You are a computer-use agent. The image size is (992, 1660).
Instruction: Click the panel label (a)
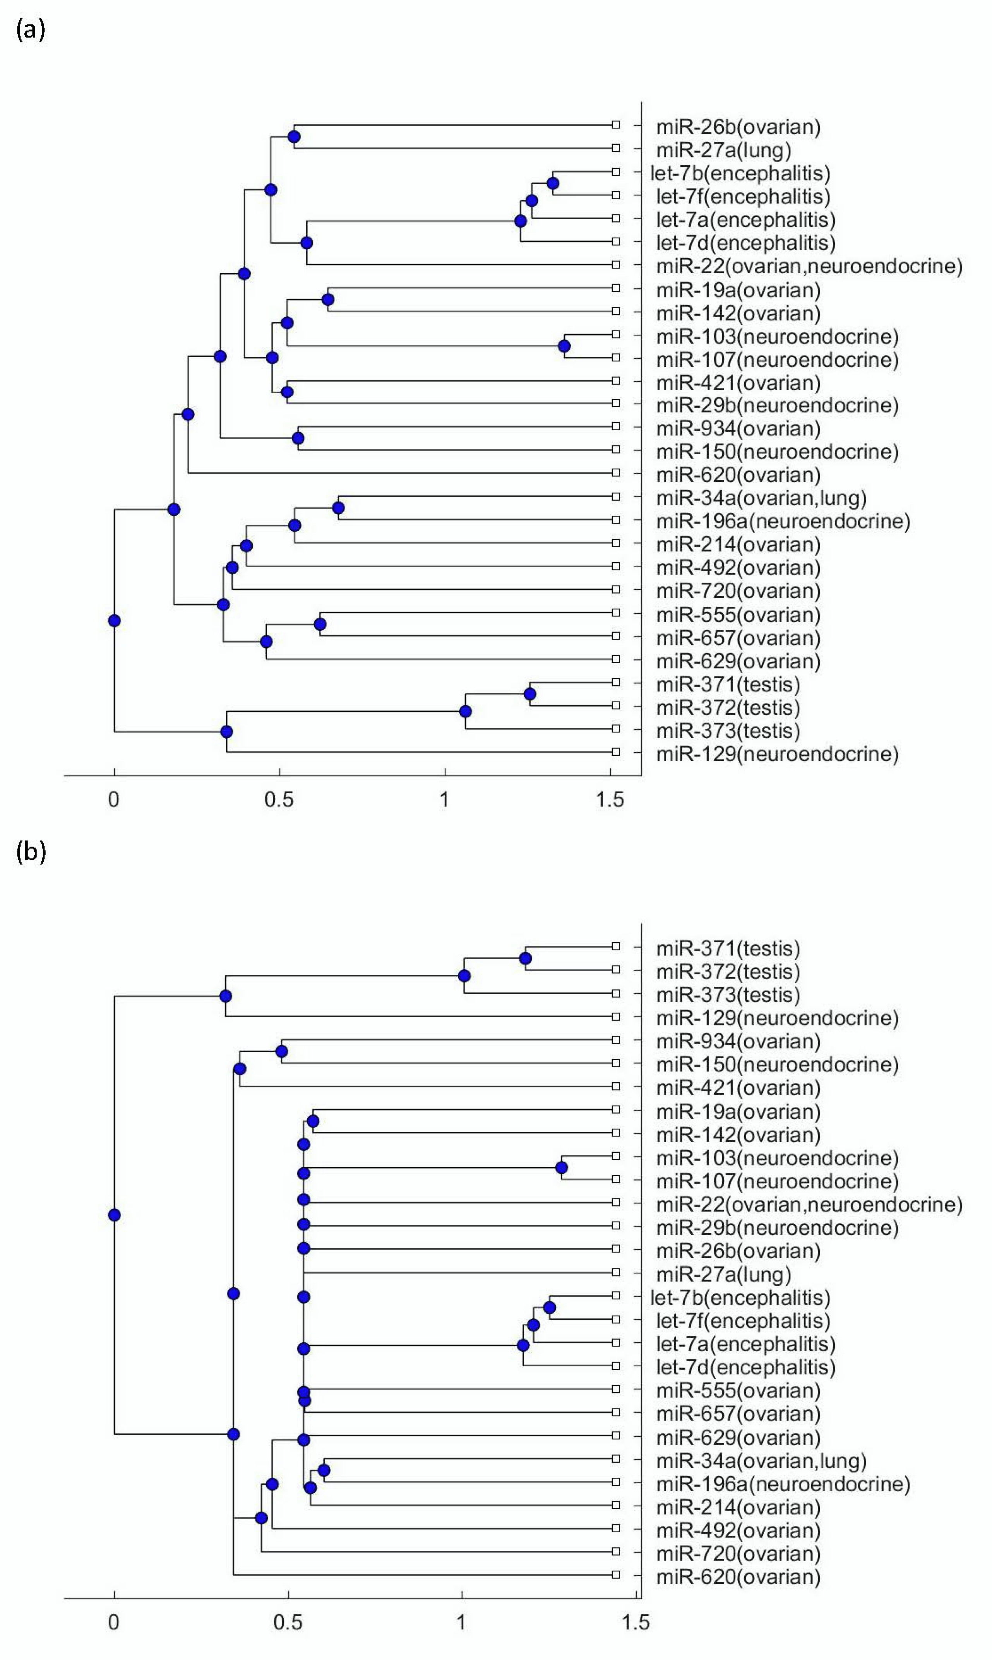pyautogui.click(x=30, y=30)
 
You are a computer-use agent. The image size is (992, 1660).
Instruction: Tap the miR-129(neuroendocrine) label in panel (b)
pyautogui.click(x=777, y=1018)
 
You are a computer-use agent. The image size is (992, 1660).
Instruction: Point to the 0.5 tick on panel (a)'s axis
pyautogui.click(x=279, y=799)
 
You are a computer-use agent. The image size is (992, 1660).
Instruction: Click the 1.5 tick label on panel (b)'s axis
pyautogui.click(x=635, y=1622)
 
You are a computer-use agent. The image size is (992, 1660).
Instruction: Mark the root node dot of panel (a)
pyautogui.click(x=114, y=621)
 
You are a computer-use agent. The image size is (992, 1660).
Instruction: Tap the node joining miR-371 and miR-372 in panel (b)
pyautogui.click(x=525, y=958)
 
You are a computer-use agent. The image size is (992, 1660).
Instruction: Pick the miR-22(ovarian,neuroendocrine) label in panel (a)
pyautogui.click(x=809, y=266)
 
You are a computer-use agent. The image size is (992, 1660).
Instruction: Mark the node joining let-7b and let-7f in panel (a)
pyautogui.click(x=553, y=183)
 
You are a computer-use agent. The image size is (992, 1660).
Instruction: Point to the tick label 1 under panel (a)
pyautogui.click(x=445, y=799)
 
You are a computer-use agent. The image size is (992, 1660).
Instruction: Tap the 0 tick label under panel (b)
pyautogui.click(x=114, y=1622)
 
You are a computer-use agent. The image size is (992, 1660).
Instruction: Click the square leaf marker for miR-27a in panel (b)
pyautogui.click(x=616, y=1272)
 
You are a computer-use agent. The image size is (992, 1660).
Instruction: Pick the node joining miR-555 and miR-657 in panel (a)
pyautogui.click(x=320, y=624)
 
